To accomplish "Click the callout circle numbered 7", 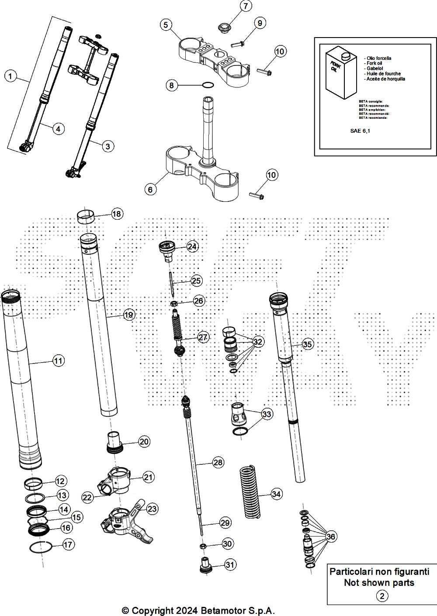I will [x=245, y=6].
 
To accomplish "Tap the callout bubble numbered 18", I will [x=117, y=214].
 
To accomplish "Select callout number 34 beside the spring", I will [x=276, y=494].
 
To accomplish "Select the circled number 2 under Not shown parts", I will [x=382, y=596].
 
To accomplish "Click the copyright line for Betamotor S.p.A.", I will [x=198, y=610].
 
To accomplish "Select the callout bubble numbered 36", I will [x=331, y=536].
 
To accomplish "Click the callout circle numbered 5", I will [x=166, y=24].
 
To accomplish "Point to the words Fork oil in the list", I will [x=372, y=63].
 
